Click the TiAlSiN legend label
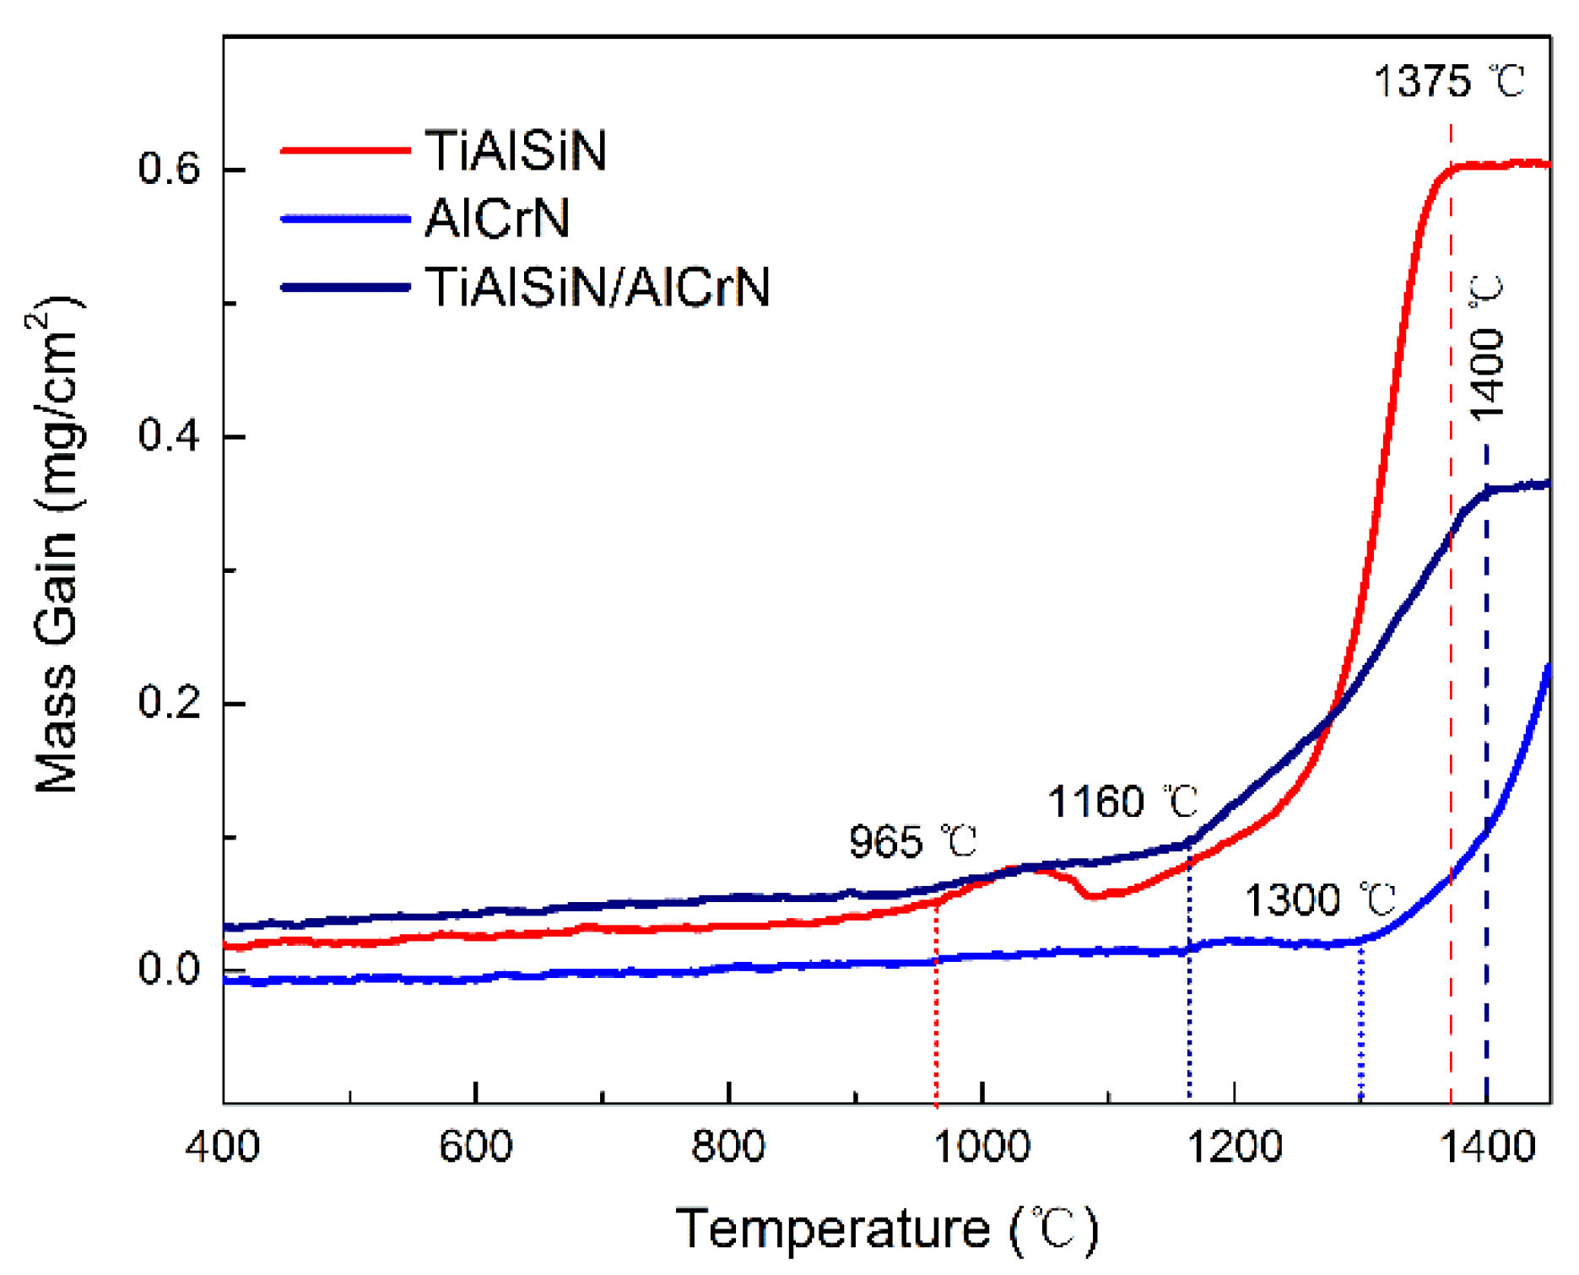pos(516,151)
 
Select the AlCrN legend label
pos(497,219)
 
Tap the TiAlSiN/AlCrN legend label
pos(598,287)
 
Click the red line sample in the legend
pos(345,151)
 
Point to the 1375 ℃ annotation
pos(1448,82)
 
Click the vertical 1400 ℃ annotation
pos(1486,348)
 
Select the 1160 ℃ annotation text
pos(1122,802)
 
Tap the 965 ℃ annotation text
pos(912,842)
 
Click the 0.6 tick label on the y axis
pos(169,169)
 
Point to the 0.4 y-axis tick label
pos(169,436)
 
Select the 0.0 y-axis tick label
pos(169,969)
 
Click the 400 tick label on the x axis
pos(223,1148)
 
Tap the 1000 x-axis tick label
pos(981,1148)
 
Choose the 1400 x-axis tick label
pos(1486,1148)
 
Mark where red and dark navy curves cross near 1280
pos(1331,719)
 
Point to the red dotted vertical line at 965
pos(936,1013)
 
